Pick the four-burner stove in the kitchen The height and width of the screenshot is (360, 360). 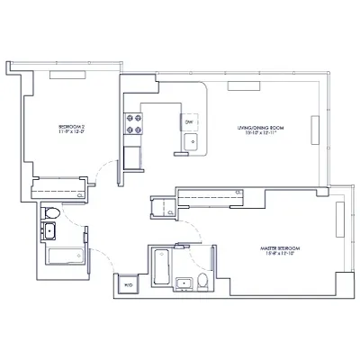coord(135,122)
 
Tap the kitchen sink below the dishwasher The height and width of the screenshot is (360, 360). coord(190,140)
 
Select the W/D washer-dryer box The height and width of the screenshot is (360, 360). coord(127,285)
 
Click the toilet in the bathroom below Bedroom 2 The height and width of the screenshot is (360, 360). coord(52,214)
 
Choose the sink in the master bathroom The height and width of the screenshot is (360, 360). coord(184,283)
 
